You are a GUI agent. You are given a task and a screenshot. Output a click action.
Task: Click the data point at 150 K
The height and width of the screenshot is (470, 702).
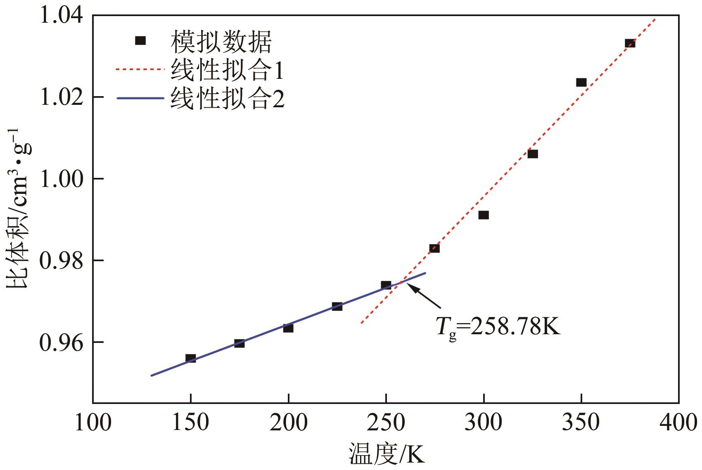[190, 358]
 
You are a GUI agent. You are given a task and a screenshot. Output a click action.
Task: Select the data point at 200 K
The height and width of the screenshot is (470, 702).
[288, 328]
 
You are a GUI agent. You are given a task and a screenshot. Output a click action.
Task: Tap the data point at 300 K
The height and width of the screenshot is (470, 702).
[484, 215]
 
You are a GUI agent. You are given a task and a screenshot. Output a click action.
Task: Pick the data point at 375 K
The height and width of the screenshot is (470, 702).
[630, 43]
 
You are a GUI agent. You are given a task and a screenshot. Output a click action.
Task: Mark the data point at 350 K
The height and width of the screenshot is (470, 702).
[581, 83]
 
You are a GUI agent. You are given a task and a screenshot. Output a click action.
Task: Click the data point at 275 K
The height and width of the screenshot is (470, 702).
[434, 248]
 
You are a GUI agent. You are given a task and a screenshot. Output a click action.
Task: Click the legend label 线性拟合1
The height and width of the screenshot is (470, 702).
[228, 70]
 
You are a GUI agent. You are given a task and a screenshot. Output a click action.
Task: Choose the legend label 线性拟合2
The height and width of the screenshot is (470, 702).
[228, 99]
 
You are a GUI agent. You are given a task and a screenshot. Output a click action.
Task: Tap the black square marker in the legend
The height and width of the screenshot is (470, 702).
[141, 40]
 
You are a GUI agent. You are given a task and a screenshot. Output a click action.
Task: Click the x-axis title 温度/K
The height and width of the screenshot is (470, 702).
[387, 456]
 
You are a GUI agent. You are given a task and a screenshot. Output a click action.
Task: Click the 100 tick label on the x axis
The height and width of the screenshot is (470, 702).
[93, 423]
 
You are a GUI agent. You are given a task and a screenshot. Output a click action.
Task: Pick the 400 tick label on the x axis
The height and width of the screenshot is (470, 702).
[678, 423]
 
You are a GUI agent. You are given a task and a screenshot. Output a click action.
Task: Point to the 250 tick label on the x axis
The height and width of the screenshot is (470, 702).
[386, 423]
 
